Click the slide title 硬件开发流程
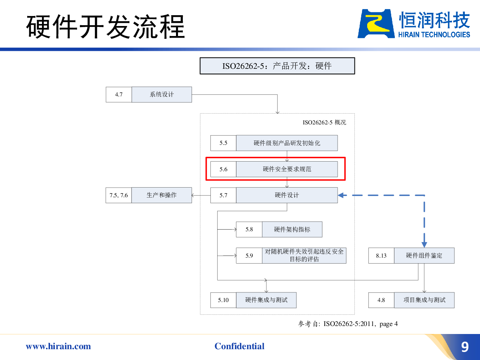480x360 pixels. coord(106,27)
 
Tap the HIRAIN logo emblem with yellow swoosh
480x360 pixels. coord(376,24)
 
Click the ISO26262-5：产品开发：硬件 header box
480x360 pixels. coord(277,66)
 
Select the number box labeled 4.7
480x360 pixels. coord(119,94)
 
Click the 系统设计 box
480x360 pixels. coord(162,94)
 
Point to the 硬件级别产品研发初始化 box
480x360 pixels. coord(287,143)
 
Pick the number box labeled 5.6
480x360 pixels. coord(223,169)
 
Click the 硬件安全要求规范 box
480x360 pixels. coord(287,169)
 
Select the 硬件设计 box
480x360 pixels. coord(287,195)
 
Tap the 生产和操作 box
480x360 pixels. coord(162,195)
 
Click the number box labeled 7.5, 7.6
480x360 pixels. coord(119,195)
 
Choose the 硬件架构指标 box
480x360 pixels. coord(292,229)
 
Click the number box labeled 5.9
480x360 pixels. coord(249,256)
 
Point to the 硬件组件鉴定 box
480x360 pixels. coord(424,256)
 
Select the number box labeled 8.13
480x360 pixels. coord(381,256)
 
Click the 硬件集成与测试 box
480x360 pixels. coord(266,300)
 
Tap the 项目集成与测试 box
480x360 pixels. coord(424,300)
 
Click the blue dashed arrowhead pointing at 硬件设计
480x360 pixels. coord(342,195)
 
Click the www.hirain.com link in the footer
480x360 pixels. coord(58,346)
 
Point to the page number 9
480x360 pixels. coord(465,347)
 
